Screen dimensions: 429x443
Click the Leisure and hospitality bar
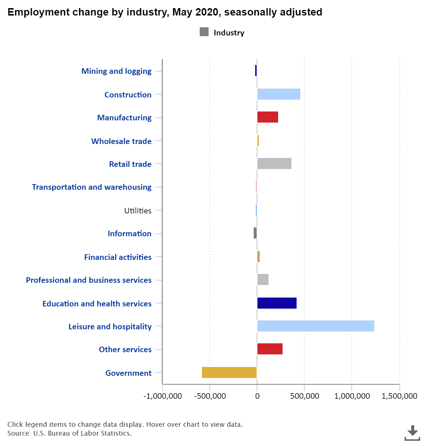pos(316,326)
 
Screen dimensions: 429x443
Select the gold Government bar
pos(229,372)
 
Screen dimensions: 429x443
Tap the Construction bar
pos(279,94)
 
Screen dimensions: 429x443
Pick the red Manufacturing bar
pos(267,117)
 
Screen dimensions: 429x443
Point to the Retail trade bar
pos(274,164)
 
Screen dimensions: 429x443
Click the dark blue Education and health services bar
pos(277,303)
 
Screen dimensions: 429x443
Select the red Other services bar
pos(270,349)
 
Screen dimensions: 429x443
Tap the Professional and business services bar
pos(263,279)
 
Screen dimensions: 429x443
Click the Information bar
pos(255,233)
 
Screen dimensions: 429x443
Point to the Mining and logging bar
pos(256,71)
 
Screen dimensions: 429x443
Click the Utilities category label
pos(138,211)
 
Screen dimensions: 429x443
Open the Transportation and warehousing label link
pos(92,187)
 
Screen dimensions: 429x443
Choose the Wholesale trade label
pos(121,141)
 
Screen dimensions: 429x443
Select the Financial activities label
pos(118,257)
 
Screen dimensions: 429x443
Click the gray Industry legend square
pos(204,32)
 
